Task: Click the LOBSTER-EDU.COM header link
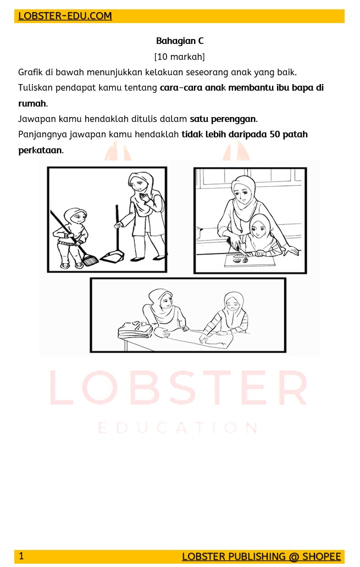pyautogui.click(x=65, y=16)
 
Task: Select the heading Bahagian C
pyautogui.click(x=180, y=41)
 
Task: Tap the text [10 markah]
pyautogui.click(x=180, y=57)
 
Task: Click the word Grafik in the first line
pyautogui.click(x=30, y=73)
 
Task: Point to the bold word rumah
pyautogui.click(x=32, y=103)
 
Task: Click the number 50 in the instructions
pyautogui.click(x=275, y=134)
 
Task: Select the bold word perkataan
pyautogui.click(x=40, y=150)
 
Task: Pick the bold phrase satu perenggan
pyautogui.click(x=223, y=119)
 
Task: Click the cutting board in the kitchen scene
pyautogui.click(x=250, y=260)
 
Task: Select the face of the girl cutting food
pyautogui.click(x=259, y=230)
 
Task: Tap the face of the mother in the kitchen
pyautogui.click(x=243, y=193)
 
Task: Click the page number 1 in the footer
pyautogui.click(x=21, y=556)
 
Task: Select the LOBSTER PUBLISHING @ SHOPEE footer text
pyautogui.click(x=261, y=557)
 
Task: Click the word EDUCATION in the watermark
pyautogui.click(x=178, y=428)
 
